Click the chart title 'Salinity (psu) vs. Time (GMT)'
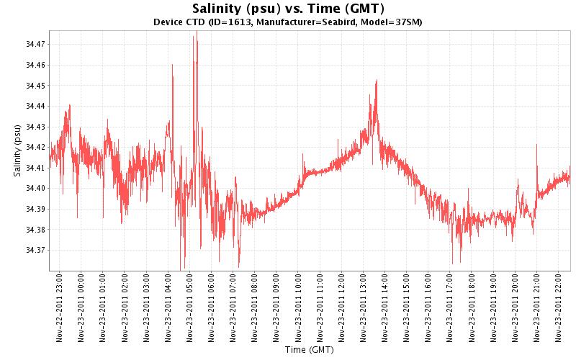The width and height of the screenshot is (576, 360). (288, 9)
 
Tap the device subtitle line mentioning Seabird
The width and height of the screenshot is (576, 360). (288, 22)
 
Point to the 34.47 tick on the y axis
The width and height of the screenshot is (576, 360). (35, 45)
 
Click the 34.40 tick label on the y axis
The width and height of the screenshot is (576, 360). (35, 189)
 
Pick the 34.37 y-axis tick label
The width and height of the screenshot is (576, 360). (35, 251)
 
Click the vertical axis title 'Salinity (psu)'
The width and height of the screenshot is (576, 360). (17, 150)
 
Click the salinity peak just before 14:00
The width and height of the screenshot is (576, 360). (377, 81)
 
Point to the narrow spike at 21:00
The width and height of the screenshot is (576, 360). (536, 145)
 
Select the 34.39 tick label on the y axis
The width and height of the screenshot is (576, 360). (35, 210)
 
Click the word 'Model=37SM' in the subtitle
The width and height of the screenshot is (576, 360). (396, 22)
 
